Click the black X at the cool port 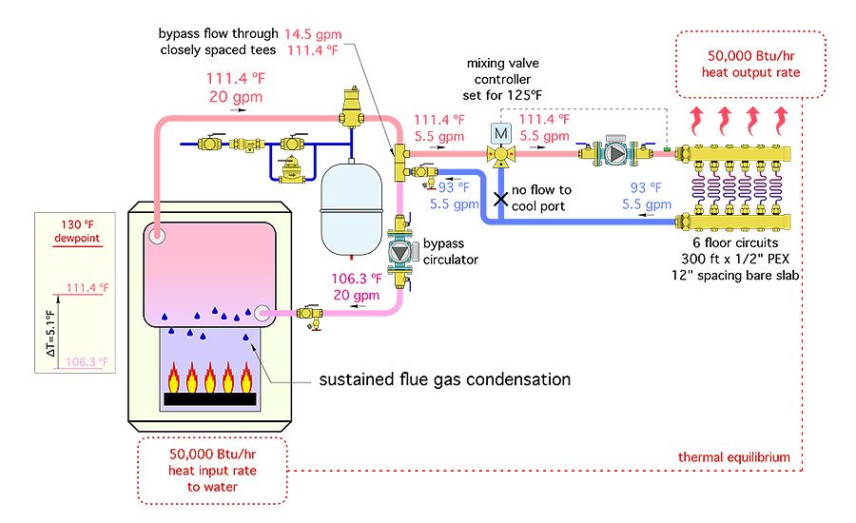[x=500, y=199]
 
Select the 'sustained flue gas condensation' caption [x=444, y=379]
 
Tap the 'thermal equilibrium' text [x=733, y=456]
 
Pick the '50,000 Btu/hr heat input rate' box [x=213, y=471]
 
